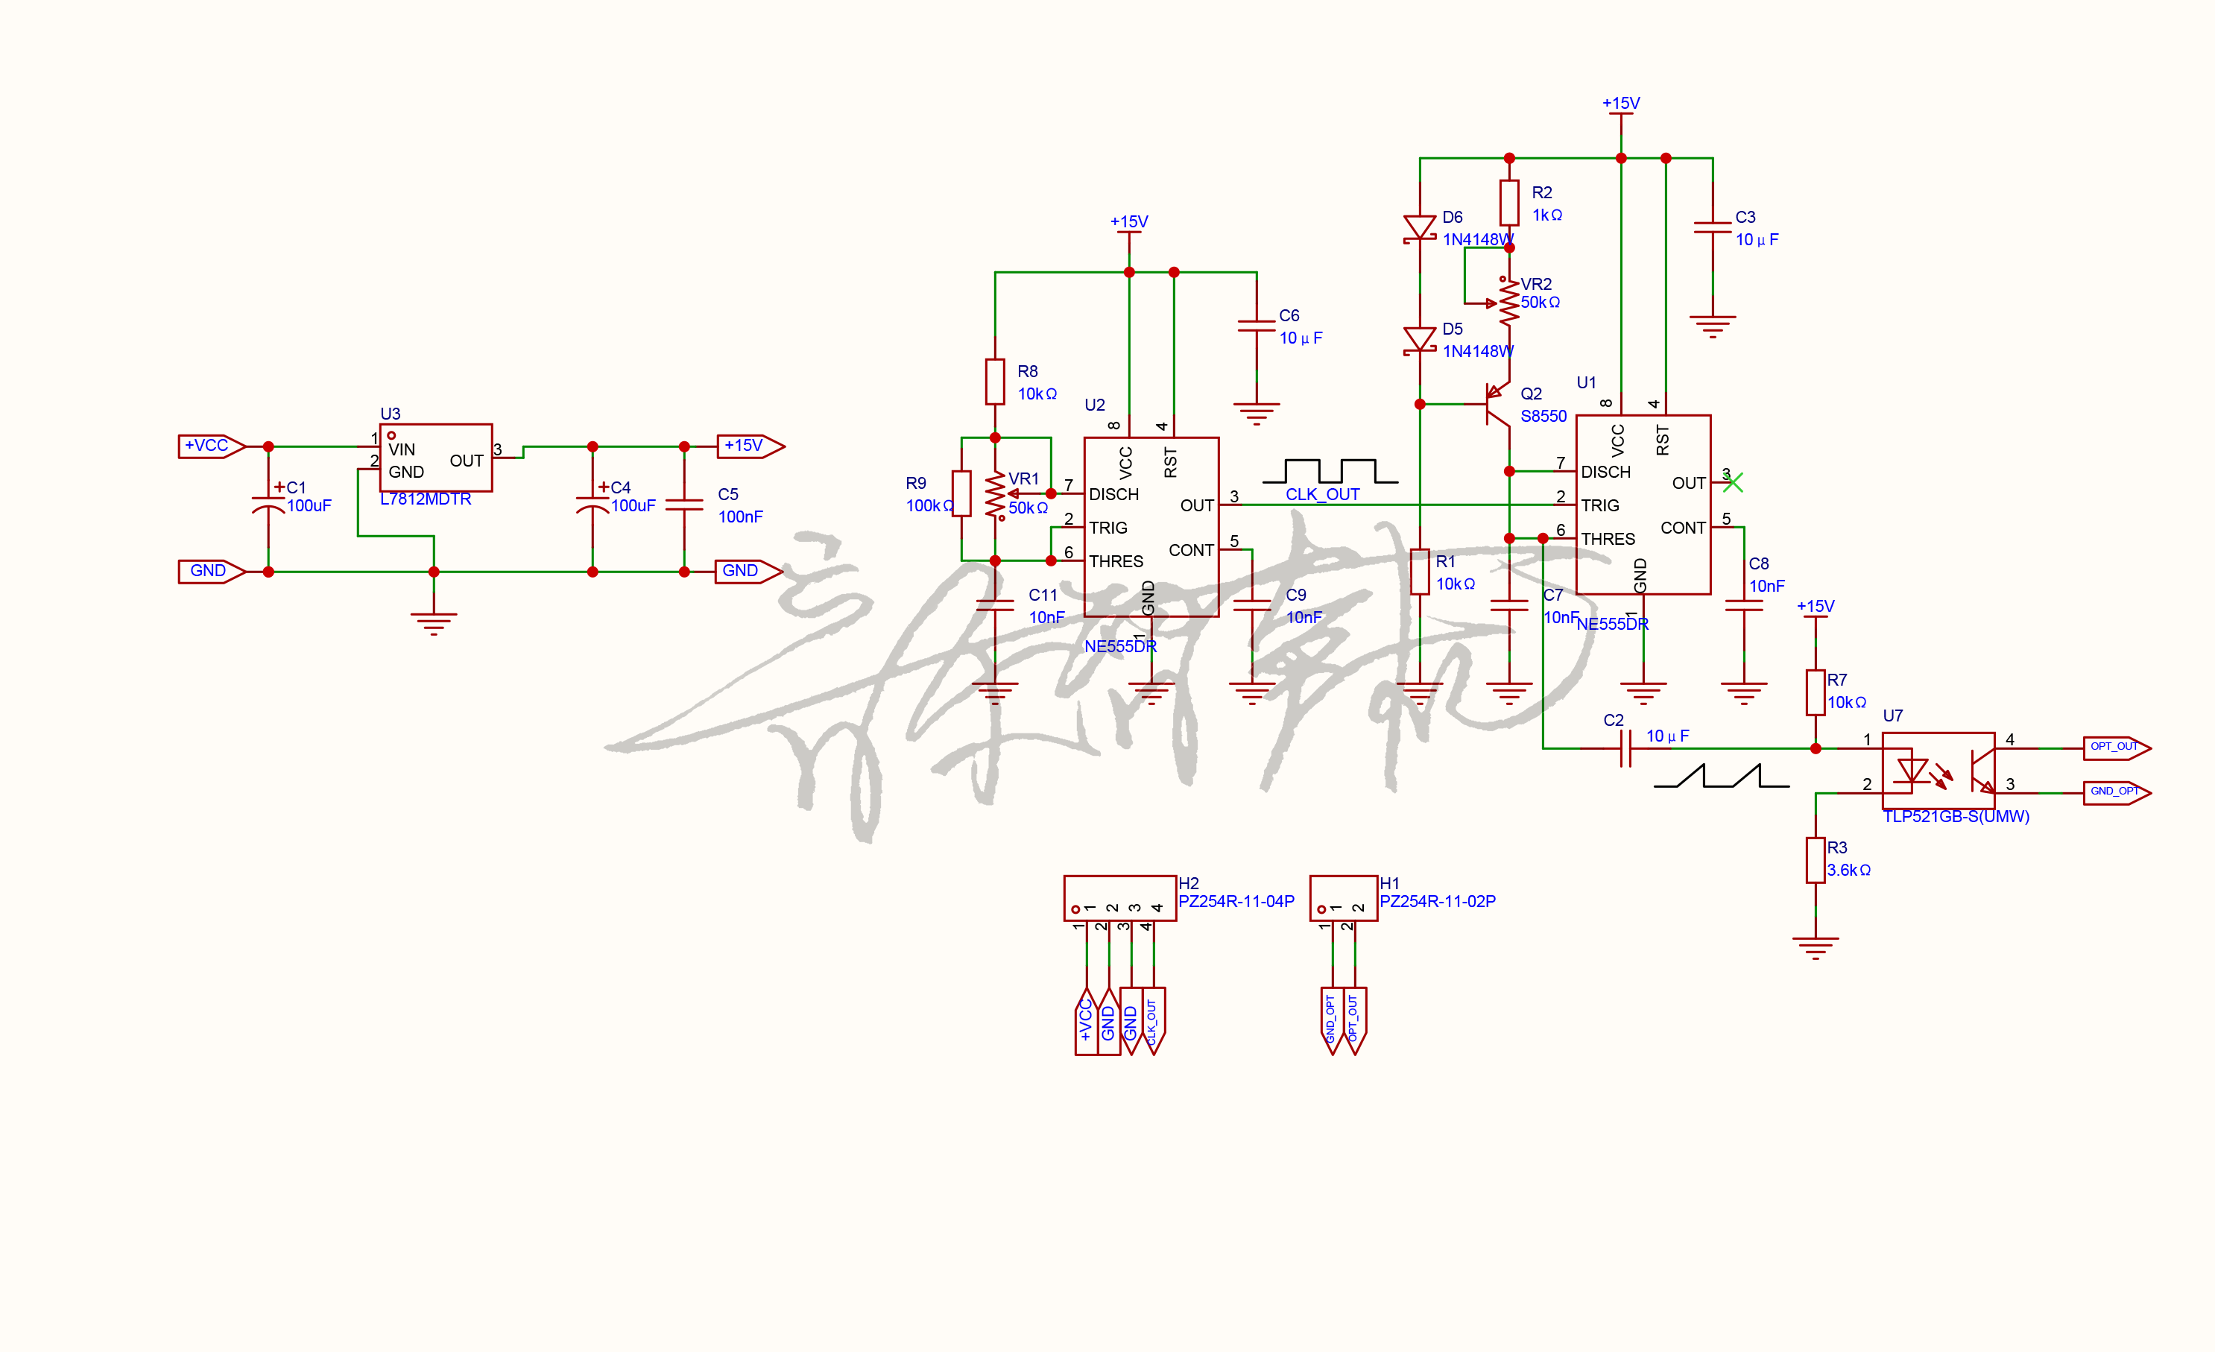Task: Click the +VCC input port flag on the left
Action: point(211,446)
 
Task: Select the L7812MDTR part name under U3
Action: point(426,499)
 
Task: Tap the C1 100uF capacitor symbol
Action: point(268,503)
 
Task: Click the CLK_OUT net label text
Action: point(1321,494)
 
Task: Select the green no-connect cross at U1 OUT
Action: point(1733,483)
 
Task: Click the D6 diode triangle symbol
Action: point(1420,227)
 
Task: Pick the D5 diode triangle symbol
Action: point(1420,340)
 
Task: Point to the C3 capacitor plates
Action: point(1712,227)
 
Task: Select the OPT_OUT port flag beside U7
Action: point(2116,747)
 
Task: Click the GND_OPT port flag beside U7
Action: point(2116,792)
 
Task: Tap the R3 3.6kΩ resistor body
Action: point(1815,860)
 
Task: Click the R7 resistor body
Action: point(1815,692)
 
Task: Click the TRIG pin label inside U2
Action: point(1107,528)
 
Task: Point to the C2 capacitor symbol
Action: point(1625,748)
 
